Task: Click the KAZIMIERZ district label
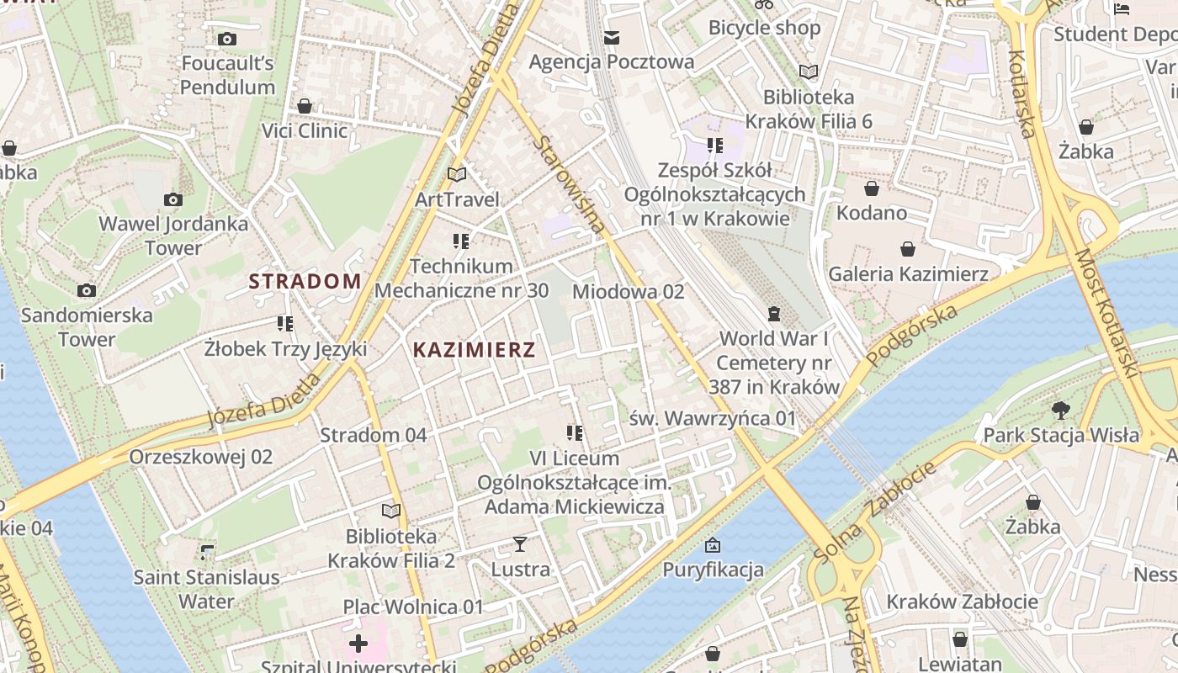tap(474, 350)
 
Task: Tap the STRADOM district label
tap(305, 282)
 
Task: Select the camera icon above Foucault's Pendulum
tap(227, 39)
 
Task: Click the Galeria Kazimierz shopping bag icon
tap(908, 249)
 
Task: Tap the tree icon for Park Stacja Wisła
tap(1060, 410)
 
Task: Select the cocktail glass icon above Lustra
tap(520, 544)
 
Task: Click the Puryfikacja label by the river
tap(713, 570)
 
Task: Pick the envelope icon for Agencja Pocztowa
tap(611, 38)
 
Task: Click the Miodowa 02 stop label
tap(628, 292)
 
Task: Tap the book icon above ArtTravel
tap(457, 174)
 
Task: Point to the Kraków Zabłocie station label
tap(962, 602)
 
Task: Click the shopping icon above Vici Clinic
tap(305, 106)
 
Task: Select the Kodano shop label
tap(871, 213)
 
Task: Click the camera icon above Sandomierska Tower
tap(87, 290)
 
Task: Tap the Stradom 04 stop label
tap(373, 435)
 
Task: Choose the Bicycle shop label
tap(764, 28)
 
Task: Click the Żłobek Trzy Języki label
tap(285, 348)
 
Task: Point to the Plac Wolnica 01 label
tap(413, 607)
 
